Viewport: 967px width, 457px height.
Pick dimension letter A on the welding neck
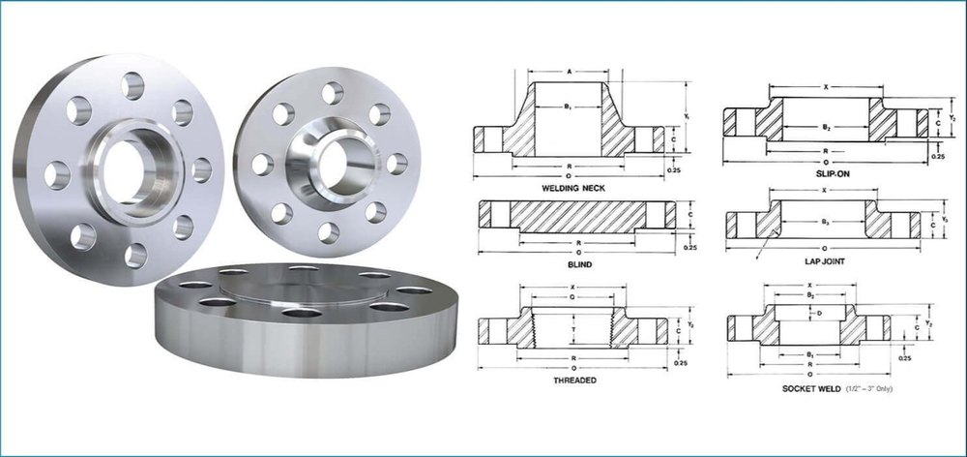coord(569,71)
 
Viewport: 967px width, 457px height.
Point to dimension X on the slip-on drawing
coord(825,87)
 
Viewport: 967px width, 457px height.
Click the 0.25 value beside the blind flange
coord(689,248)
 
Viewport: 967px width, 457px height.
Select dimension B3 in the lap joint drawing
coord(824,222)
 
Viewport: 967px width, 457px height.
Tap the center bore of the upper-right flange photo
coord(333,159)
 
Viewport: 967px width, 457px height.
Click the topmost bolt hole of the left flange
coord(132,85)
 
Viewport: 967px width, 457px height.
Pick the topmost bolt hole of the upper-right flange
coord(332,93)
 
